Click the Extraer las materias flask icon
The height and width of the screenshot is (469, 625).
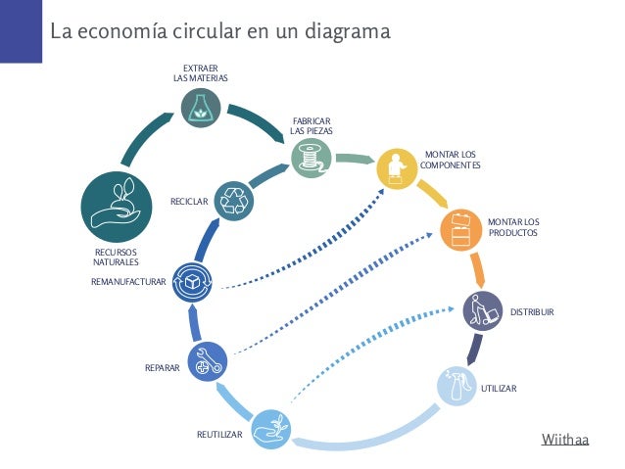tap(200, 108)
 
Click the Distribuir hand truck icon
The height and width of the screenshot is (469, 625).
tap(482, 311)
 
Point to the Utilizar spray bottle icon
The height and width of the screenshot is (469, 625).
tap(455, 388)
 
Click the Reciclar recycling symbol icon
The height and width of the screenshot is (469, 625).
tap(236, 199)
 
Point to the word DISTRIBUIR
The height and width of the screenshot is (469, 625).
tap(533, 311)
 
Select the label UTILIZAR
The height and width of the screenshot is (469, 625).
tap(498, 389)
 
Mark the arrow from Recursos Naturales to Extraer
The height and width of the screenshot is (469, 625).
tap(142, 136)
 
